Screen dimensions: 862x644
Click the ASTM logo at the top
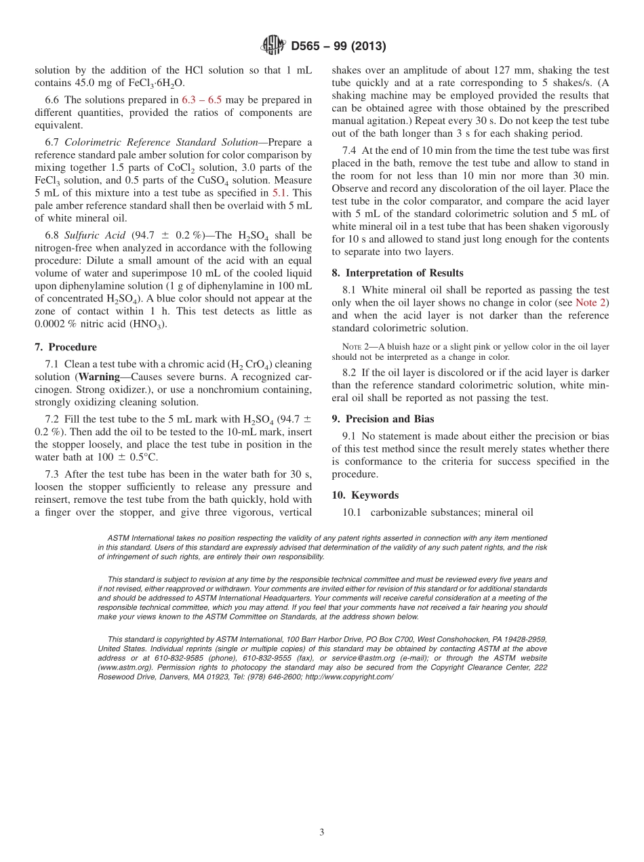pyautogui.click(x=273, y=46)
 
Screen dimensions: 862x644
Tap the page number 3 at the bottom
pyautogui.click(x=321, y=832)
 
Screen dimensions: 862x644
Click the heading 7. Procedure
pyautogui.click(x=66, y=346)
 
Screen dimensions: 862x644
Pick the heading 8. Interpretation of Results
pyautogui.click(x=397, y=272)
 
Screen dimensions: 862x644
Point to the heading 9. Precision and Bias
pyautogui.click(x=383, y=419)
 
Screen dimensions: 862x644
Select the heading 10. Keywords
pyautogui.click(x=365, y=495)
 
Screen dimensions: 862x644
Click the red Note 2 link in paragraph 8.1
pyautogui.click(x=592, y=302)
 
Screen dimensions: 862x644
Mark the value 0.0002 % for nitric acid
pyautogui.click(x=56, y=323)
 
